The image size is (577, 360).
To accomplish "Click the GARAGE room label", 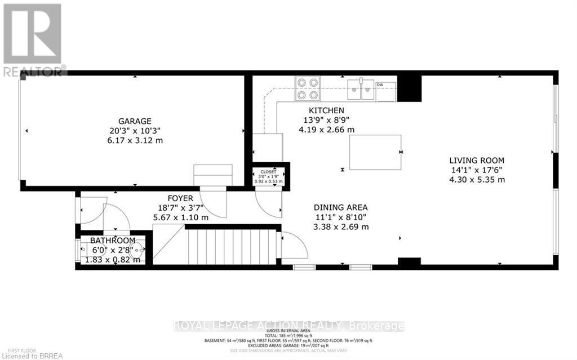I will (134, 121).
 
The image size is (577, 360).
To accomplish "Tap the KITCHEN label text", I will (326, 110).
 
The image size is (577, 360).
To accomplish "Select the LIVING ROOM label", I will (476, 161).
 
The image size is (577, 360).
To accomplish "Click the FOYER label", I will (180, 198).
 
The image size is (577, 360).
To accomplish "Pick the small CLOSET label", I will (268, 172).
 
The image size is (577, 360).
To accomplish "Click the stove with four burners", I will (308, 88).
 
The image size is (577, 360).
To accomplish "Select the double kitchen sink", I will (361, 88).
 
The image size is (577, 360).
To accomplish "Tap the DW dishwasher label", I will (380, 85).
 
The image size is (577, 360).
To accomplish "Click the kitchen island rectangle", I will (375, 152).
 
